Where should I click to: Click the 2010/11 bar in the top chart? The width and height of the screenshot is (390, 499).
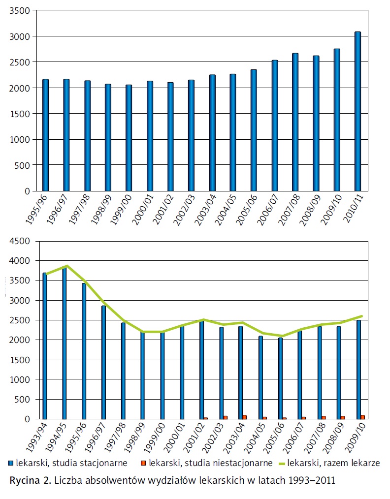(x=357, y=111)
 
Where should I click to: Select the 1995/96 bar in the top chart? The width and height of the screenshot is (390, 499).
(x=45, y=135)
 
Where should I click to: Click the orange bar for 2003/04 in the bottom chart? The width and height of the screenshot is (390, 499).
(x=244, y=417)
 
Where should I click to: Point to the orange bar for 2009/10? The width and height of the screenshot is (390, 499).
(x=363, y=417)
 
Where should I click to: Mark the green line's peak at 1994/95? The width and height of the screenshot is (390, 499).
(x=66, y=266)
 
